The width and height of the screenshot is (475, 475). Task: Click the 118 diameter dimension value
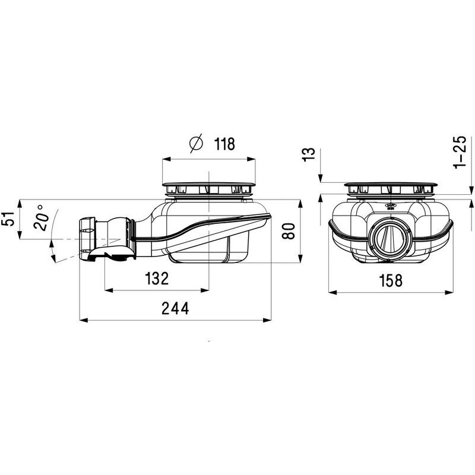point(224,144)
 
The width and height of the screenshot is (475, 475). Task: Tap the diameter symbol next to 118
point(196,144)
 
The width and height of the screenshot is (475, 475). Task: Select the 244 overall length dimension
point(175,308)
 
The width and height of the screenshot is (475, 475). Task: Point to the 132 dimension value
point(157,278)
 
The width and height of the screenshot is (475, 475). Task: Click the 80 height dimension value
point(289,231)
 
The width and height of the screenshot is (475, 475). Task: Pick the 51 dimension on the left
point(8,218)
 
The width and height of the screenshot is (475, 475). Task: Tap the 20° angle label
point(41,217)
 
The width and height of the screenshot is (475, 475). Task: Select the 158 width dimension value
point(391,280)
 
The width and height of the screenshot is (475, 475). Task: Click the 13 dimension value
point(309,154)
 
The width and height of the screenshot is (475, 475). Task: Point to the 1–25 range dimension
point(460,152)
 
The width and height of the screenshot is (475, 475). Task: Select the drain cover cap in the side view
point(209,184)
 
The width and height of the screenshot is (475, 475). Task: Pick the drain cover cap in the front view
point(391,185)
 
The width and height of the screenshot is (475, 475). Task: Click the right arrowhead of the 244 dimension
point(267,320)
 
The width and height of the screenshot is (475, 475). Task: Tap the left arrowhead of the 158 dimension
point(333,292)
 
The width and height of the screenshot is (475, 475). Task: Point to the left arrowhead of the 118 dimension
point(167,159)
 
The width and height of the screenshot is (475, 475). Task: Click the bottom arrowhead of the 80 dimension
point(300,259)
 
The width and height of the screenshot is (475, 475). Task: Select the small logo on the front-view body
point(390,207)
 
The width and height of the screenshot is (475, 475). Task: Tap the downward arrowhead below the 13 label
point(320,179)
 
